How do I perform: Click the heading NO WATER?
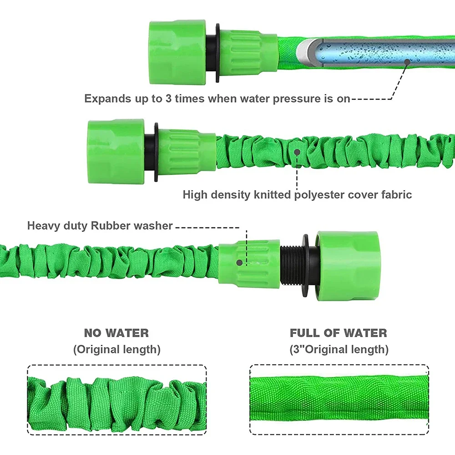tap(116, 333)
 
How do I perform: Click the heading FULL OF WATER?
tap(339, 333)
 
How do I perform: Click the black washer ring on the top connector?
tap(217, 53)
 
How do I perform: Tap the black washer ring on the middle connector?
tap(156, 152)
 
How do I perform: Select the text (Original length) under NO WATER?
tap(116, 349)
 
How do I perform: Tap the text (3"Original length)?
tap(339, 349)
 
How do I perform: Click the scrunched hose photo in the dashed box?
tap(116, 399)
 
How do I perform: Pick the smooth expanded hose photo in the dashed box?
tap(339, 399)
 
